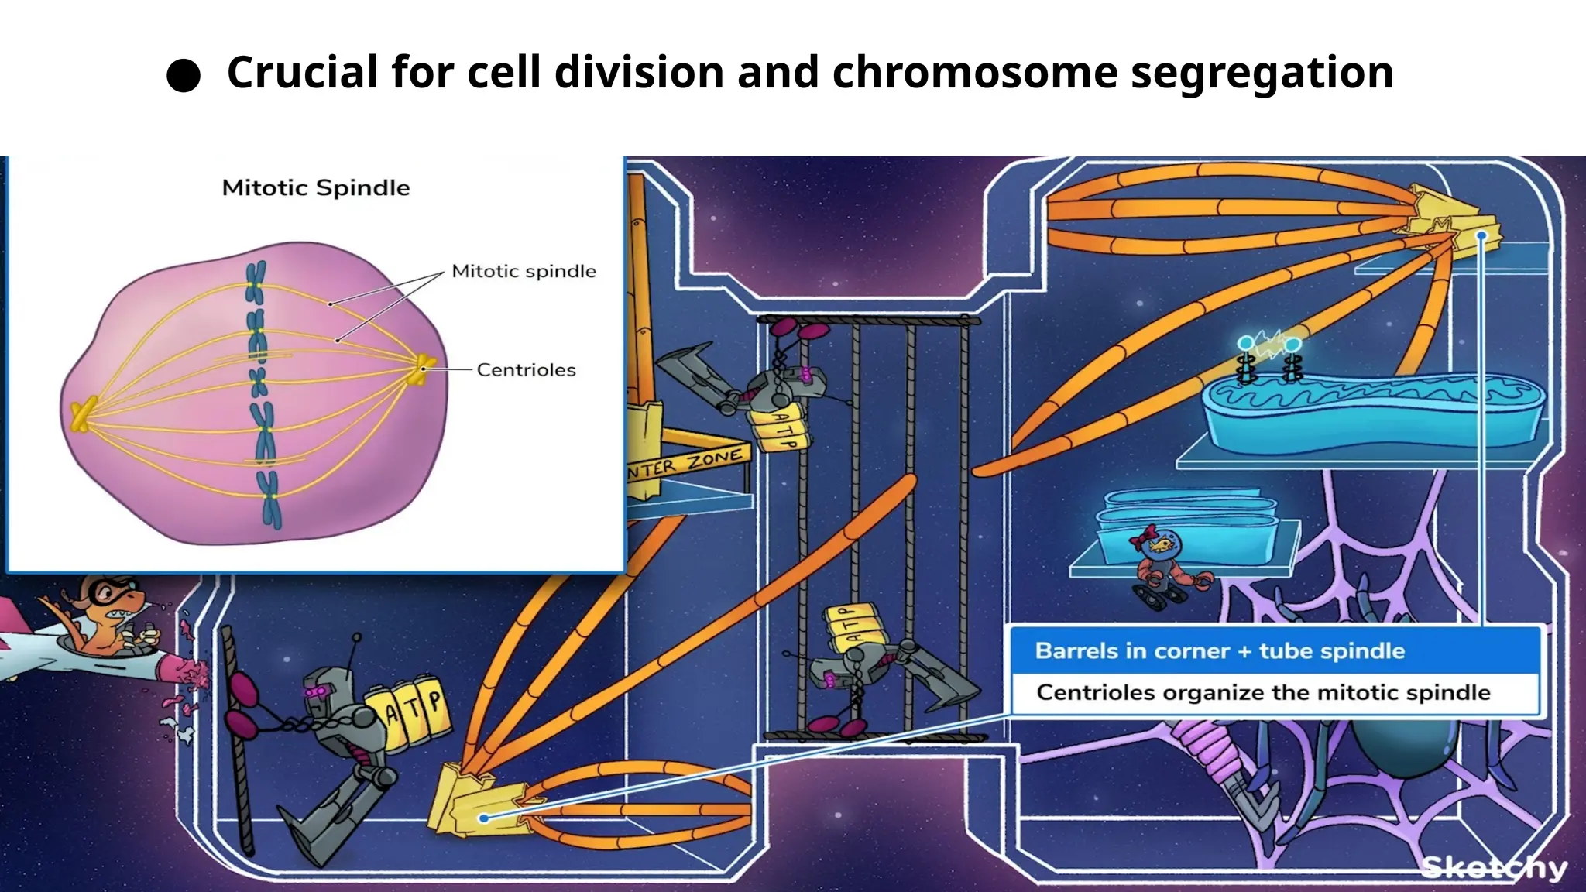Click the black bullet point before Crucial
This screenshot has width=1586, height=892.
coord(184,76)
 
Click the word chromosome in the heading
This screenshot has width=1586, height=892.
coord(974,73)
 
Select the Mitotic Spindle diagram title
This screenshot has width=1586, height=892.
coord(316,188)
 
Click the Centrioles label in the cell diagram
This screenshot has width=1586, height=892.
coord(526,370)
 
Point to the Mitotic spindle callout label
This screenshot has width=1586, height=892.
coord(524,272)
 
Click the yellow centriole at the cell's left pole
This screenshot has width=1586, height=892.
coord(82,414)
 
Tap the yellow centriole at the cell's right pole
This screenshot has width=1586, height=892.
coord(424,366)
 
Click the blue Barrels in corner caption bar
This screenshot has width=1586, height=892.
coord(1275,650)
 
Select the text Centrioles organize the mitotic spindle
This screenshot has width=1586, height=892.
coord(1262,692)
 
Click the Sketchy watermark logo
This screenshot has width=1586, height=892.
coord(1494,868)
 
